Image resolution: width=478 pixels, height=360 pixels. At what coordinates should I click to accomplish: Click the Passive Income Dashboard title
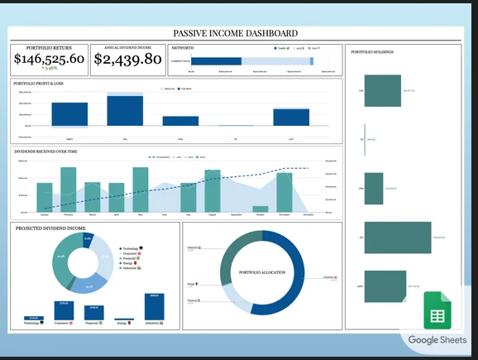236,34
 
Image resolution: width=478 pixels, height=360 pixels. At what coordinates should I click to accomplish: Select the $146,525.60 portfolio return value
49,60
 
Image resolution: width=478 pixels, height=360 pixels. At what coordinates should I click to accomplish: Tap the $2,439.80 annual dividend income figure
127,60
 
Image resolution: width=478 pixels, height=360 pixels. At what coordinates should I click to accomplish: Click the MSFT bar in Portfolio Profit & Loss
69,115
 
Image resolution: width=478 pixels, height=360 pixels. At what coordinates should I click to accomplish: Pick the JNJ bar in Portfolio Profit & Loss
125,110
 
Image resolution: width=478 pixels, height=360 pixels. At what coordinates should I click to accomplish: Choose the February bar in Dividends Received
68,190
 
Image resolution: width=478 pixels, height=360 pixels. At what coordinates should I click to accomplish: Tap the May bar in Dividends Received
141,190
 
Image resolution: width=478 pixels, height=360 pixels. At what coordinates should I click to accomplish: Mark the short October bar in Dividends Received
261,209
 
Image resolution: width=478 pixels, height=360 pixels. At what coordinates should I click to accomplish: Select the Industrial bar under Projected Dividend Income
154,307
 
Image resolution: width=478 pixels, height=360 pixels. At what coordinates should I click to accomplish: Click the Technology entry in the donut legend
132,248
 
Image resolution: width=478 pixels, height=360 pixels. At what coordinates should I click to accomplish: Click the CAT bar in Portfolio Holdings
380,91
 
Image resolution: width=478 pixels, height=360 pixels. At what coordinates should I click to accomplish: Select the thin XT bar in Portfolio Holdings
364,139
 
